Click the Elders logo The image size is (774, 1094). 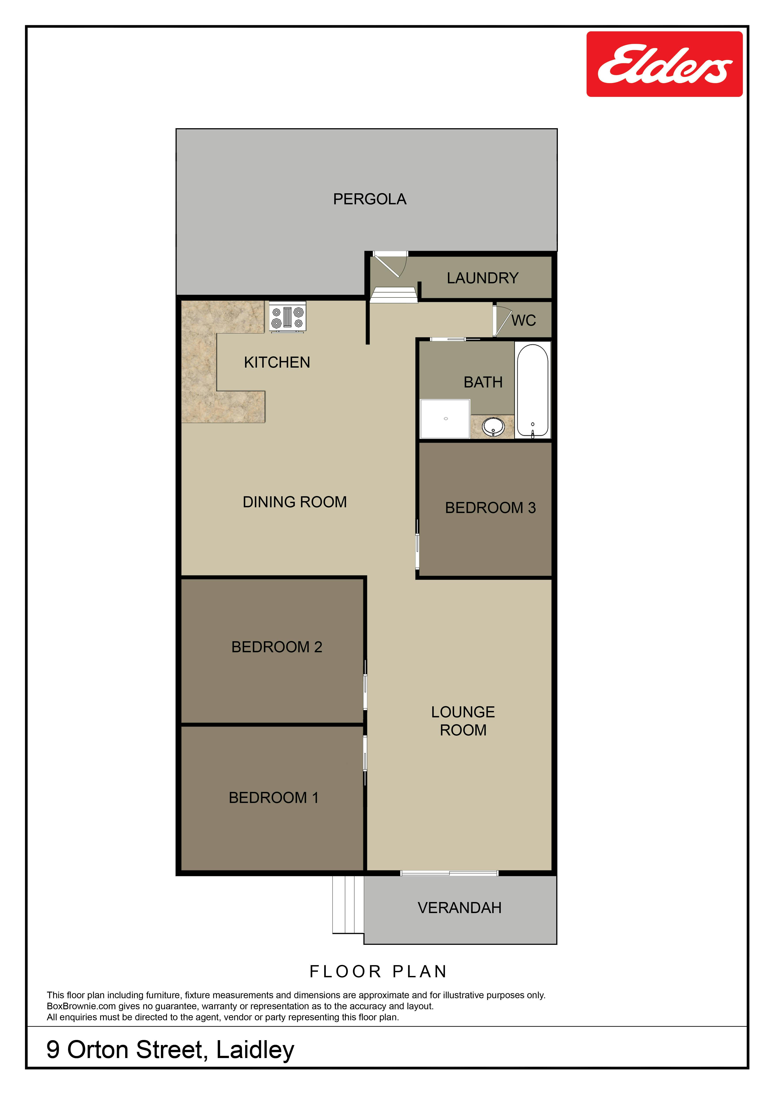664,64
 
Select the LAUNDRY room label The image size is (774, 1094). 482,278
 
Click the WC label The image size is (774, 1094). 524,320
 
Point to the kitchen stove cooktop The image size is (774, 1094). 287,317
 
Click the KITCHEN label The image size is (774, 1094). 277,363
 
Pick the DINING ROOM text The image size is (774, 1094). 294,502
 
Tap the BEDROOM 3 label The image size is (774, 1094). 490,508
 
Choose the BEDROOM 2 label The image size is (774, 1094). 277,647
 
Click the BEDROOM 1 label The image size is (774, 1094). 274,798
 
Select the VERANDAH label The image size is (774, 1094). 459,908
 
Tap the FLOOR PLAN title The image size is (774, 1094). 378,972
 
